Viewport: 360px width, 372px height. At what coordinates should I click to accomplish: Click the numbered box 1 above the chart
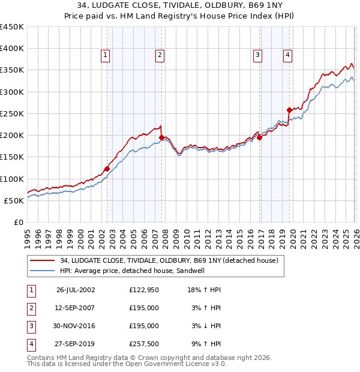tap(106, 55)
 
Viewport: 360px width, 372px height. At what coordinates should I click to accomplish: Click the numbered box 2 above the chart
tap(160, 55)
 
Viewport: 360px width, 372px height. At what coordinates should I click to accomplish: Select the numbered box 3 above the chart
tap(257, 55)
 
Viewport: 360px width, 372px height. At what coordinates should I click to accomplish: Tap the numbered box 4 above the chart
tap(288, 55)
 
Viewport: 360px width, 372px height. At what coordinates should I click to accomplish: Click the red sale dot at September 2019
tap(289, 110)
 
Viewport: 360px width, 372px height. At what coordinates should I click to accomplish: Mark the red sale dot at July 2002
tap(107, 169)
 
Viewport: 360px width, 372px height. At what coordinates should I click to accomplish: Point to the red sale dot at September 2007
tap(161, 137)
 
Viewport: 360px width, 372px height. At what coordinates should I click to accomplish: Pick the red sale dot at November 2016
tap(259, 137)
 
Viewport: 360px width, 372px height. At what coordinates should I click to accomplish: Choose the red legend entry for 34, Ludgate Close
tap(169, 261)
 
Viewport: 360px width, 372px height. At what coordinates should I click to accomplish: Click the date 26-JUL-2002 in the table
tap(76, 290)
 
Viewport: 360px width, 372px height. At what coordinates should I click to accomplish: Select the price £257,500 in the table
tap(144, 344)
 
